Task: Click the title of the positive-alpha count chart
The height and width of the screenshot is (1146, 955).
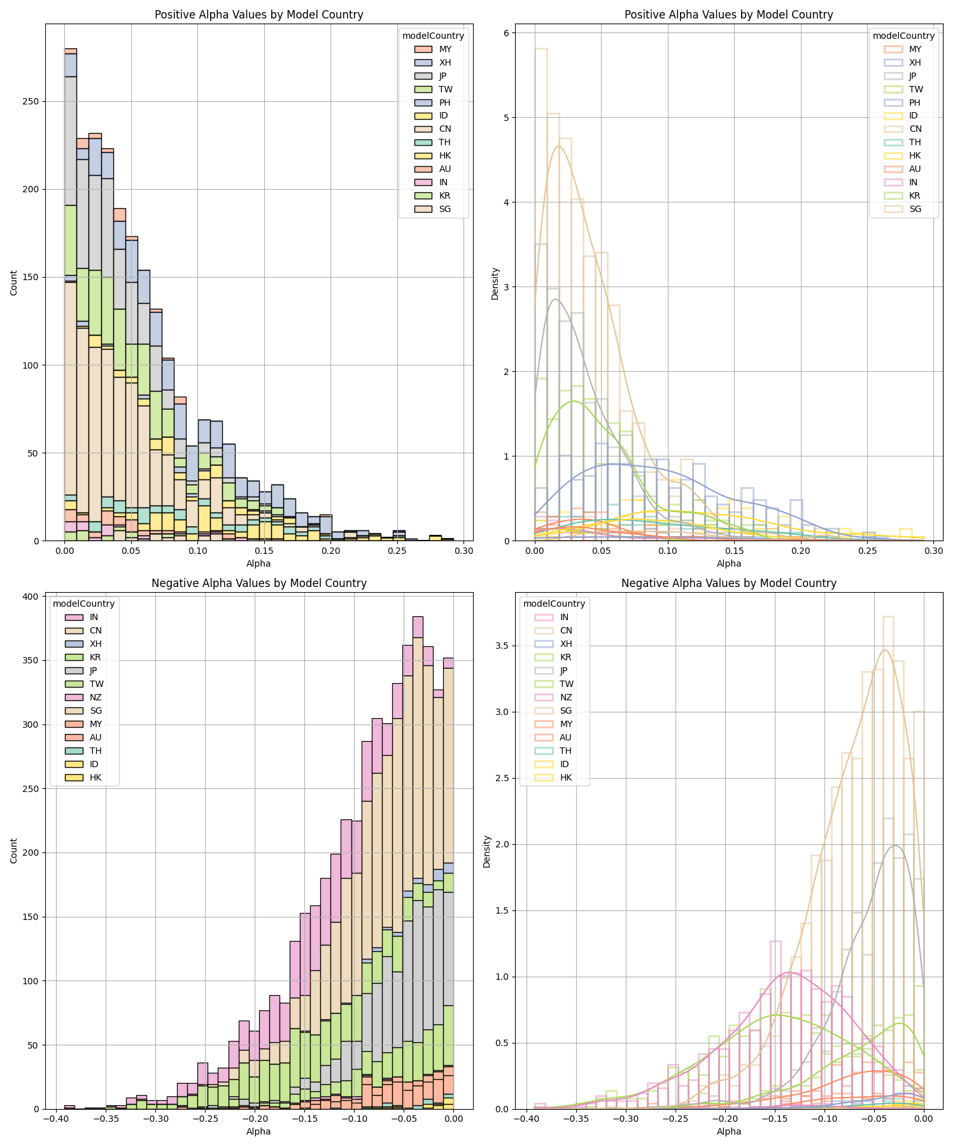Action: tap(258, 15)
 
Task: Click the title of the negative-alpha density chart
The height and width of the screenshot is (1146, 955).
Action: tap(728, 583)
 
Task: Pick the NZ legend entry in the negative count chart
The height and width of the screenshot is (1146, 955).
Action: tap(95, 697)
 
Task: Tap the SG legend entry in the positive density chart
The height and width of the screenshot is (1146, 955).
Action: tap(915, 209)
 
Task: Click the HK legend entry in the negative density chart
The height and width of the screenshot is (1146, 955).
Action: tap(566, 777)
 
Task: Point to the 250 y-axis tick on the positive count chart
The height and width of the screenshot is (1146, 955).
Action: tap(31, 101)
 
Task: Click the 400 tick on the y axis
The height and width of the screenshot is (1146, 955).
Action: tap(31, 597)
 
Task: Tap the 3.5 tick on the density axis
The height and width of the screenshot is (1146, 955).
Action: tap(501, 646)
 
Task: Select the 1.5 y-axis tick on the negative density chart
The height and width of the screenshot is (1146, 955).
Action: tap(501, 911)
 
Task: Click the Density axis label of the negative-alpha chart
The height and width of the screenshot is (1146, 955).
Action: tap(487, 851)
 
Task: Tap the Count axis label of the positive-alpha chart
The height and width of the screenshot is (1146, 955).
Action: tap(14, 283)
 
